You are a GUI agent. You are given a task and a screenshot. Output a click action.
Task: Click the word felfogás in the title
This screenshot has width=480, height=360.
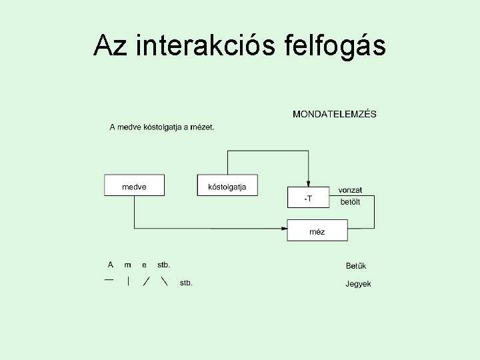[x=334, y=45]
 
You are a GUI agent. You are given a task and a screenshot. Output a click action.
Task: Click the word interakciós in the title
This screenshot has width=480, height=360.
[x=205, y=45]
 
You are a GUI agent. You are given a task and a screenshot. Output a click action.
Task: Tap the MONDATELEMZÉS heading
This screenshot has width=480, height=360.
[x=334, y=114]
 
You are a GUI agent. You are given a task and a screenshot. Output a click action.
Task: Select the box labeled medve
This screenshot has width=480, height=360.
[x=134, y=185]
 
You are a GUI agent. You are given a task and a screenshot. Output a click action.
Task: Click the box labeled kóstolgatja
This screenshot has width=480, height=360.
[x=227, y=185]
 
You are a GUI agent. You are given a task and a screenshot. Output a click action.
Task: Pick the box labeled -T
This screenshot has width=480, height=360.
[x=307, y=197]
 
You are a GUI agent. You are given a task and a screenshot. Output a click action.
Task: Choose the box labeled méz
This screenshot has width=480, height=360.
[x=317, y=231]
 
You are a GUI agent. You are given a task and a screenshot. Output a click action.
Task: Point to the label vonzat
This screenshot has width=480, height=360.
[x=351, y=190]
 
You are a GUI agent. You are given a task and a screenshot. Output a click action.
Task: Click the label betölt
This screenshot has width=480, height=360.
[x=350, y=201]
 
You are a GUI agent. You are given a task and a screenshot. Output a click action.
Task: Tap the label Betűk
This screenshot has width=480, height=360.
[x=356, y=267]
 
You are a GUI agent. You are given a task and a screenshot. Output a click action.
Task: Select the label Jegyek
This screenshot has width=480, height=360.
[x=358, y=284]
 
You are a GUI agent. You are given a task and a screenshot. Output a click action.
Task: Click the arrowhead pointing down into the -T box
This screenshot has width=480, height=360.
[x=307, y=184]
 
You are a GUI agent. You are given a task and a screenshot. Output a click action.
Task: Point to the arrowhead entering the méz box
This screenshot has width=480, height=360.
[x=283, y=229]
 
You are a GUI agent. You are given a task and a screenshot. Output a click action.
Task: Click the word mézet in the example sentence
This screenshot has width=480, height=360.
[x=202, y=127]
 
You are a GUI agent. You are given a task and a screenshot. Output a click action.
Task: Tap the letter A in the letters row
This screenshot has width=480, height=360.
[x=111, y=265]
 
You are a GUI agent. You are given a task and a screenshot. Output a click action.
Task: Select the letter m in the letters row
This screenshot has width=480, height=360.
[x=128, y=265]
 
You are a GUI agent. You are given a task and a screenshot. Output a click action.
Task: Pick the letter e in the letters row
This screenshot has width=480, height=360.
[x=144, y=265]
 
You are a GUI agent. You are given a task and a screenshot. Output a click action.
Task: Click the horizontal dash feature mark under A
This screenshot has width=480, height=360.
[x=109, y=279]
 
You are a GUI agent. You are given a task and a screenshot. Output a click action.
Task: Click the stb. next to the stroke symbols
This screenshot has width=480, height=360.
[x=186, y=283]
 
